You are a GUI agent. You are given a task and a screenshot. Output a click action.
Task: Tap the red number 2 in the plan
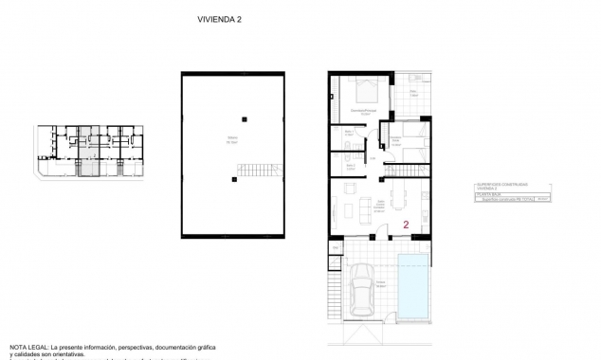(x=406, y=225)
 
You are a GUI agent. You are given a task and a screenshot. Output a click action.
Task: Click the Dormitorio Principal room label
(x=361, y=112)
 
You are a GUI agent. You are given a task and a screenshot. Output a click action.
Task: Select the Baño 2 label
(x=349, y=165)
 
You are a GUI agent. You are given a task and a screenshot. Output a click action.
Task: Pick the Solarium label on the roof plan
(x=231, y=139)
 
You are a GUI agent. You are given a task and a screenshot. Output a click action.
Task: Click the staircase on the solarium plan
(x=258, y=172)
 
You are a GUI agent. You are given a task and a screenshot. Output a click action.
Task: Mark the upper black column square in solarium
(x=245, y=117)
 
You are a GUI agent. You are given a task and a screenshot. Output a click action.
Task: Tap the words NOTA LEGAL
(x=29, y=347)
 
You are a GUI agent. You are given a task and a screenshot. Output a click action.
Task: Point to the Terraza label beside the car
(x=380, y=282)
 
